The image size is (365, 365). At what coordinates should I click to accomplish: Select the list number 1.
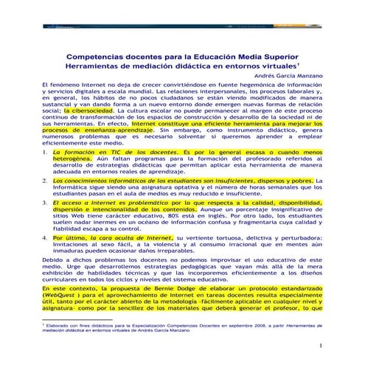pyautogui.click(x=46, y=151)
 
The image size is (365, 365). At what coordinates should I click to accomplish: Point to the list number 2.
pyautogui.click(x=46, y=180)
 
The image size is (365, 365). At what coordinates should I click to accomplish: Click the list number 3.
pyautogui.click(x=46, y=201)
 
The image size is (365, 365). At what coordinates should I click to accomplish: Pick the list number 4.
pyautogui.click(x=46, y=237)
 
